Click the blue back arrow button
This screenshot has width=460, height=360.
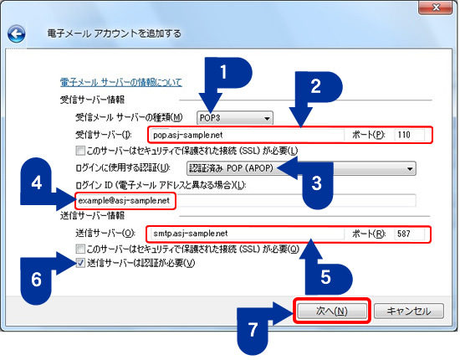pos(17,33)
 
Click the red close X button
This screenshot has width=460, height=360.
pos(436,7)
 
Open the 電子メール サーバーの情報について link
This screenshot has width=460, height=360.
pos(121,82)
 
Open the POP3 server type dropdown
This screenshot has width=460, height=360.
pos(235,118)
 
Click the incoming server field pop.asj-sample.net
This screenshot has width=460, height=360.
pos(248,135)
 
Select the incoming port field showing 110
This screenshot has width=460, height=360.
pos(410,135)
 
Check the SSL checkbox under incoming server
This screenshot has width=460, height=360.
pos(80,151)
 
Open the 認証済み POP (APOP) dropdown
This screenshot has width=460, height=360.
pos(301,168)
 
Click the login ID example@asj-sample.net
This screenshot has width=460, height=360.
pos(125,201)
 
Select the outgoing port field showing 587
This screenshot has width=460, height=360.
pos(410,234)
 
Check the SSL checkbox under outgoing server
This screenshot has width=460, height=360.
pos(80,249)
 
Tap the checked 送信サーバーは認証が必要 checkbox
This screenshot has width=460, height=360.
pos(80,263)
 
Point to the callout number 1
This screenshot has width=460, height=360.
pos(223,72)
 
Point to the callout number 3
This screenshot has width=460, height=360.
pos(316,183)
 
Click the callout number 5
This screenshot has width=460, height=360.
pos(325,277)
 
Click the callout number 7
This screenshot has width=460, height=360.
pos(253,330)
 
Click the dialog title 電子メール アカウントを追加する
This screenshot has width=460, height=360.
pos(114,33)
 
